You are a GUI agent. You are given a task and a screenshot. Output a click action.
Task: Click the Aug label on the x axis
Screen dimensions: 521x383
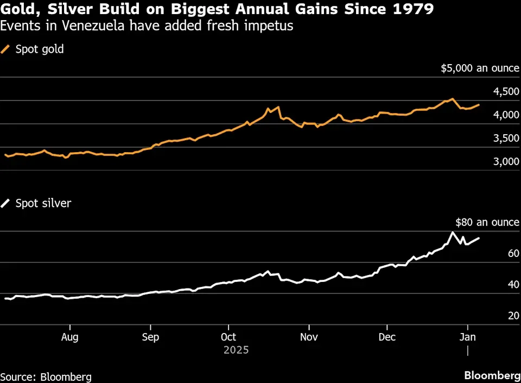(x=70, y=337)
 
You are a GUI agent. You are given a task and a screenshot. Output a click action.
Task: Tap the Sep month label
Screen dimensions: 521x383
(x=150, y=337)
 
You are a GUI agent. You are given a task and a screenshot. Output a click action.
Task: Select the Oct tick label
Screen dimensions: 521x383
(x=228, y=337)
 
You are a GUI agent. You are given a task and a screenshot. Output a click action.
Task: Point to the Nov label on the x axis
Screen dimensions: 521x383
(x=309, y=337)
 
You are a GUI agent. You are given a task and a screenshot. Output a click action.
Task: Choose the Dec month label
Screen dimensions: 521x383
(x=387, y=337)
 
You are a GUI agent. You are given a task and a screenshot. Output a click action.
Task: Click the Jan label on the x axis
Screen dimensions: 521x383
(x=467, y=337)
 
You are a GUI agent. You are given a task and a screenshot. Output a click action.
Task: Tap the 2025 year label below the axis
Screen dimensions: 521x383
(x=236, y=350)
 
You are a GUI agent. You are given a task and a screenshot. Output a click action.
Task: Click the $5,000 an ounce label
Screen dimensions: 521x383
(x=480, y=68)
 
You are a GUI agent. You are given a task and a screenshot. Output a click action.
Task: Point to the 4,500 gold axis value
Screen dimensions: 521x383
(x=506, y=92)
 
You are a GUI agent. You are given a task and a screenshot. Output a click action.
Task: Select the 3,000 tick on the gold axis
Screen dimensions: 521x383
(x=506, y=161)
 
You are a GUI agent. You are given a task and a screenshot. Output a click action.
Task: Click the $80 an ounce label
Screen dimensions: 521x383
(x=487, y=222)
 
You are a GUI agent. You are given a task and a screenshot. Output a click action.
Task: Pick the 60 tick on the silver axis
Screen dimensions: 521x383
(x=514, y=253)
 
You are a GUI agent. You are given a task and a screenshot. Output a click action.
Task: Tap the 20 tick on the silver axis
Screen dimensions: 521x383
(x=514, y=316)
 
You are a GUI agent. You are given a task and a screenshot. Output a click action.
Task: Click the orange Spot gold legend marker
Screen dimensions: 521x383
(x=5, y=49)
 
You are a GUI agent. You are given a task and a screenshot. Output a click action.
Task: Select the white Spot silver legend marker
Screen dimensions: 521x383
(x=5, y=203)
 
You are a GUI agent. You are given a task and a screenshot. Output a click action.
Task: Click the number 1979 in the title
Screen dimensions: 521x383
(x=413, y=9)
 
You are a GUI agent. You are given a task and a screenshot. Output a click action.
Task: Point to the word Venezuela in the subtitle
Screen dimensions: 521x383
(x=93, y=26)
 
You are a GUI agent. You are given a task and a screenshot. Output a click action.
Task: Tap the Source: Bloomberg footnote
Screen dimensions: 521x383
(x=46, y=377)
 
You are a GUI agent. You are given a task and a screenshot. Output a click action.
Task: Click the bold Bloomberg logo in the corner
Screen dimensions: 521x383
(x=492, y=375)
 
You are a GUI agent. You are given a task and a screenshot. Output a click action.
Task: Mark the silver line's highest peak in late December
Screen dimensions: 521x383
(x=452, y=232)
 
